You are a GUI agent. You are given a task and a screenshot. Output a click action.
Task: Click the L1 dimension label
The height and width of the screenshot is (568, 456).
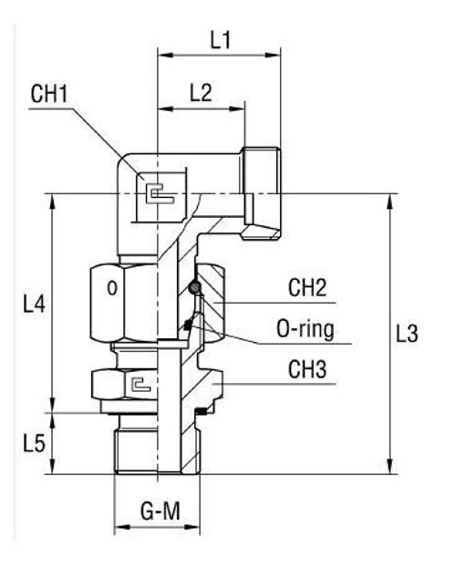pos(220,39)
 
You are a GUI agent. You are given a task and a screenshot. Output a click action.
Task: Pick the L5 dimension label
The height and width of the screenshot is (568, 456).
pos(34,444)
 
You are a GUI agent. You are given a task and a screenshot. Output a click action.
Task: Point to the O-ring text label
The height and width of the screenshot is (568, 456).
pos(307,329)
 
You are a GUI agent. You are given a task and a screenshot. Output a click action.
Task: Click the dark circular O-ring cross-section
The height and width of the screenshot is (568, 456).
pos(193,289)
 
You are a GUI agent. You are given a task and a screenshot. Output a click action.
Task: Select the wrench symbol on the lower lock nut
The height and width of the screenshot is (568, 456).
pos(137,384)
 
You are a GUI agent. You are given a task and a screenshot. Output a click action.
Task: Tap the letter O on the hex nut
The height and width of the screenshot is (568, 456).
pos(110,289)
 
